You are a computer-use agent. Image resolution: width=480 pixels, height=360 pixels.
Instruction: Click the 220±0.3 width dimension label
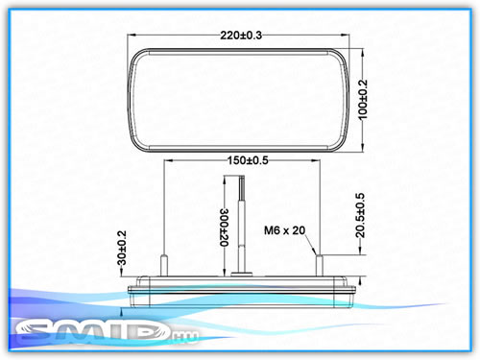click(x=241, y=35)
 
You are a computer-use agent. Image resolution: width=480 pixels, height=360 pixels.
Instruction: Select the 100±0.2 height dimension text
click(x=363, y=100)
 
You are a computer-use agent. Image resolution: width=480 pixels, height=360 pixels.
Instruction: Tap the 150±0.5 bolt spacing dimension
click(x=248, y=160)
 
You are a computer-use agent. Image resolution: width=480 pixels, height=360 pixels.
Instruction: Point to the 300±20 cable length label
click(x=225, y=228)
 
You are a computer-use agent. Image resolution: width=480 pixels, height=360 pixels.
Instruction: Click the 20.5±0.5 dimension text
click(x=360, y=215)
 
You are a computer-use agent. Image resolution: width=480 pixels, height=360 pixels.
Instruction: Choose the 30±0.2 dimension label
click(x=122, y=248)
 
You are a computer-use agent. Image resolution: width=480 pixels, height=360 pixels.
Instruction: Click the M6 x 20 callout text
click(x=284, y=230)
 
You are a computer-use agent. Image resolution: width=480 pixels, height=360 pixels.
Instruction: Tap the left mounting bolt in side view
click(x=164, y=265)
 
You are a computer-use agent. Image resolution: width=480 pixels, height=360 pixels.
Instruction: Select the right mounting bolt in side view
click(x=320, y=265)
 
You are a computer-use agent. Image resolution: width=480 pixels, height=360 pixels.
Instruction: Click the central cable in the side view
click(x=242, y=224)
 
